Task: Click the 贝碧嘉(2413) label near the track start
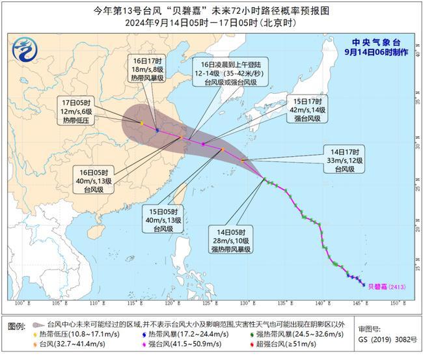click(382, 285)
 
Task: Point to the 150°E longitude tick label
click(394, 303)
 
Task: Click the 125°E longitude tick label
click(208, 303)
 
